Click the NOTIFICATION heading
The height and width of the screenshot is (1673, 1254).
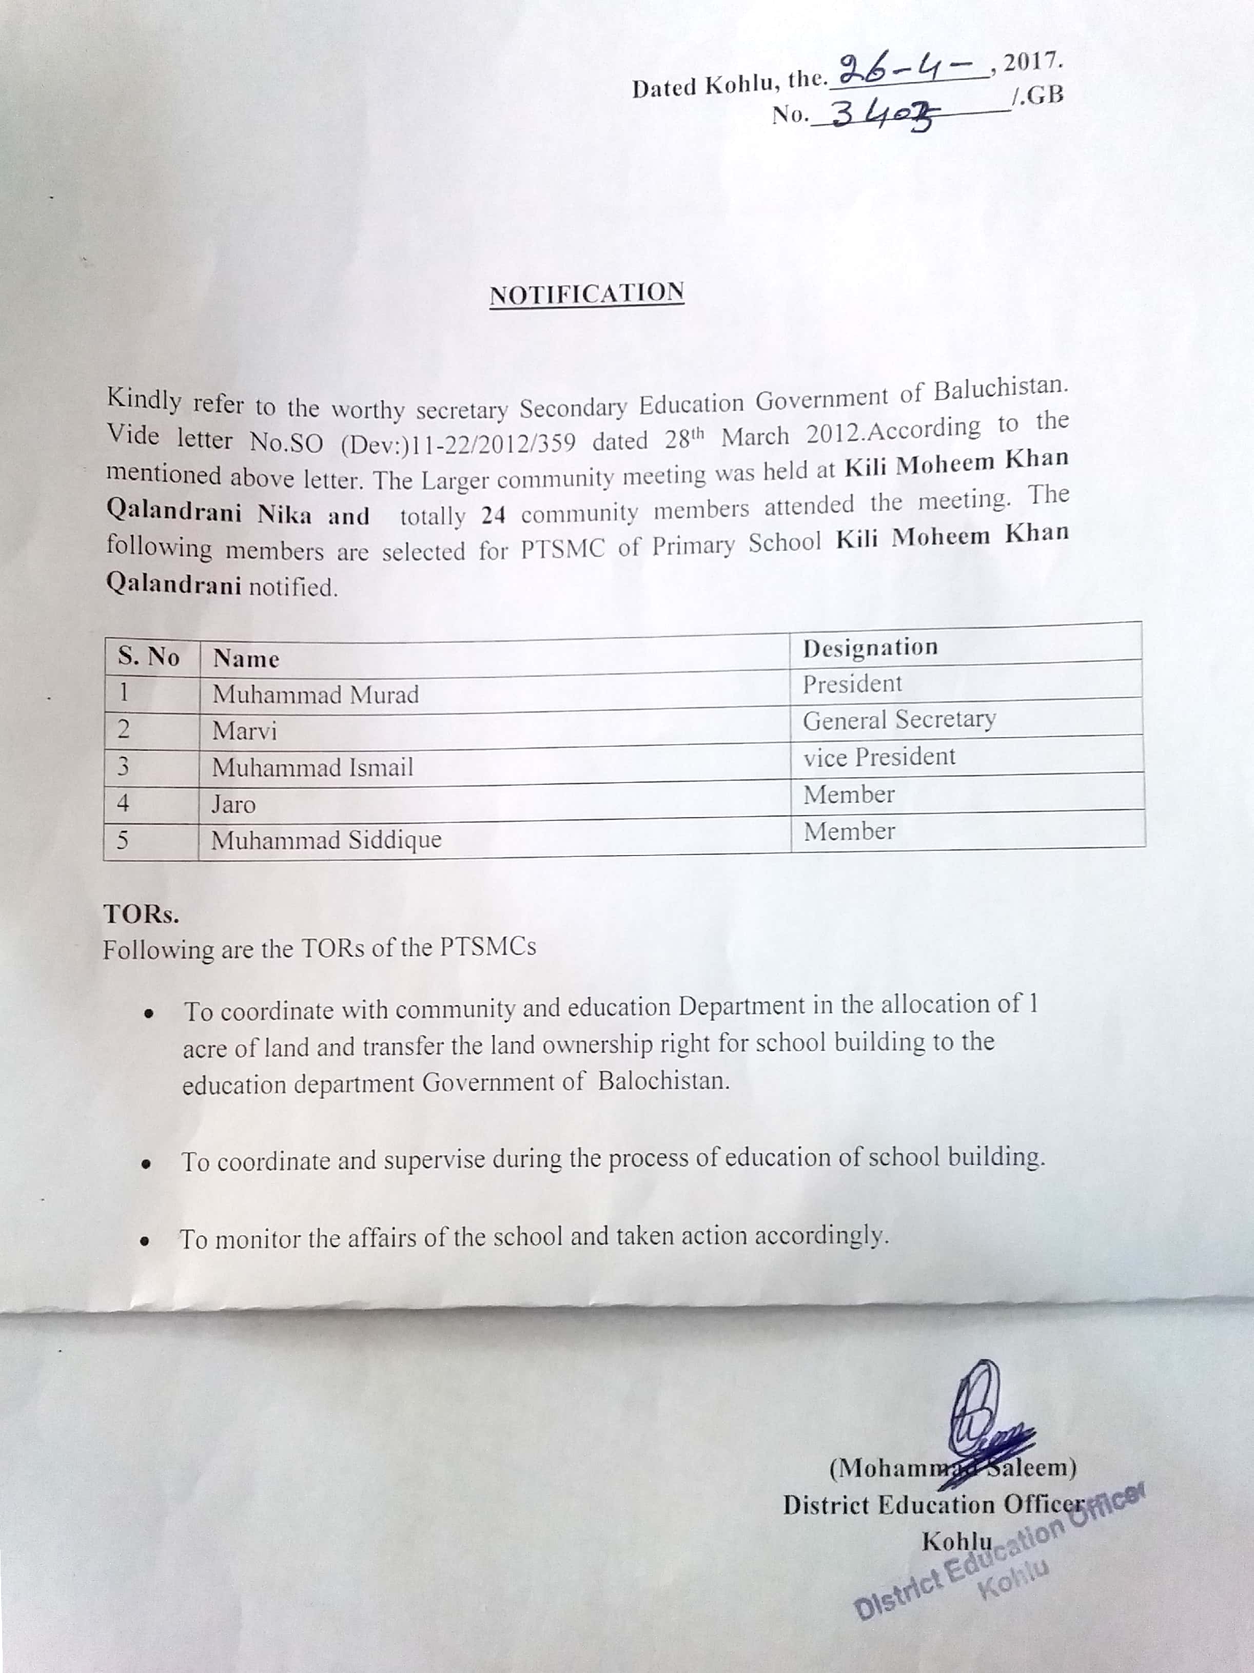pyautogui.click(x=587, y=294)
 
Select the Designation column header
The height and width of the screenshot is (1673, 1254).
pyautogui.click(x=870, y=648)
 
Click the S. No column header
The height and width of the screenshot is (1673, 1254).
pyautogui.click(x=149, y=656)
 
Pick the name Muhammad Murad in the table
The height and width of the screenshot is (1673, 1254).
pyautogui.click(x=316, y=694)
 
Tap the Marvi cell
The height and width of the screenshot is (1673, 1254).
pyautogui.click(x=244, y=731)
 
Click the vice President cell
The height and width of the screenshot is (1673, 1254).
pyautogui.click(x=879, y=757)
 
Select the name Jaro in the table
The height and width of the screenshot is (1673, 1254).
pyautogui.click(x=233, y=804)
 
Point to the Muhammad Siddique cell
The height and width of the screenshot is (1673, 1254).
pyautogui.click(x=326, y=840)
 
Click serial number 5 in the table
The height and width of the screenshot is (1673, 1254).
pyautogui.click(x=123, y=840)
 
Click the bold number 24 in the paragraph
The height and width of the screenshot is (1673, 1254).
pyautogui.click(x=493, y=516)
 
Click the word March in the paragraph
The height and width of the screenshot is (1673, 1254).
pyautogui.click(x=754, y=436)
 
